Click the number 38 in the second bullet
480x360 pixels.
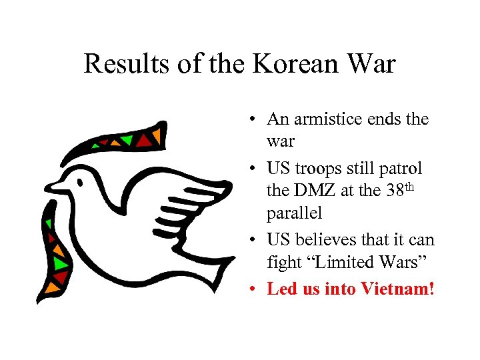tap(394, 191)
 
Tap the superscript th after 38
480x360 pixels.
tap(409, 187)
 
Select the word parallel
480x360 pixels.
tap(294, 215)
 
